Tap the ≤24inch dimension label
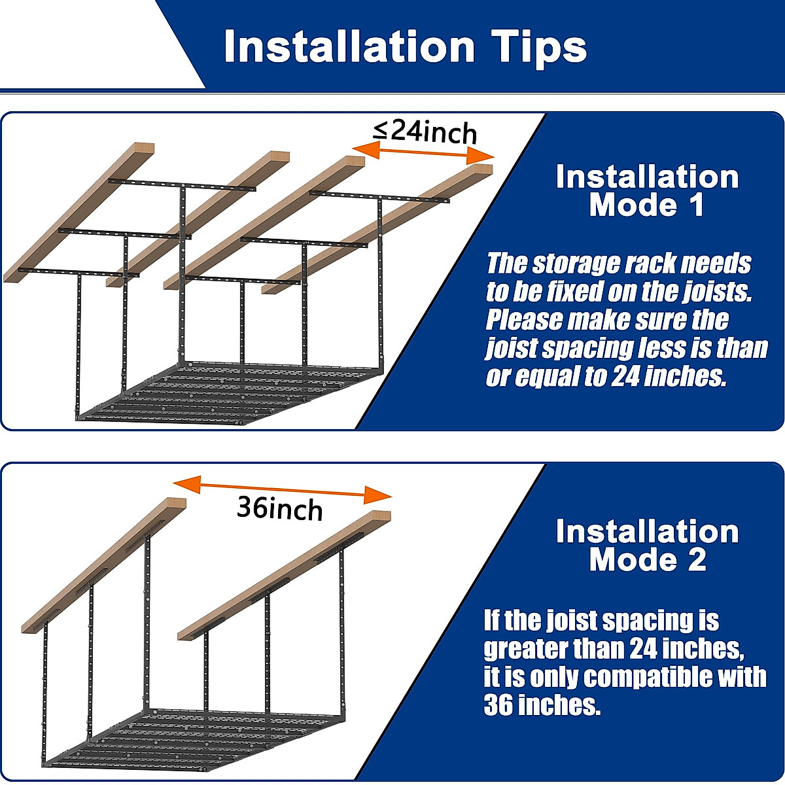click(425, 131)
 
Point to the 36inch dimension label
click(279, 508)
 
